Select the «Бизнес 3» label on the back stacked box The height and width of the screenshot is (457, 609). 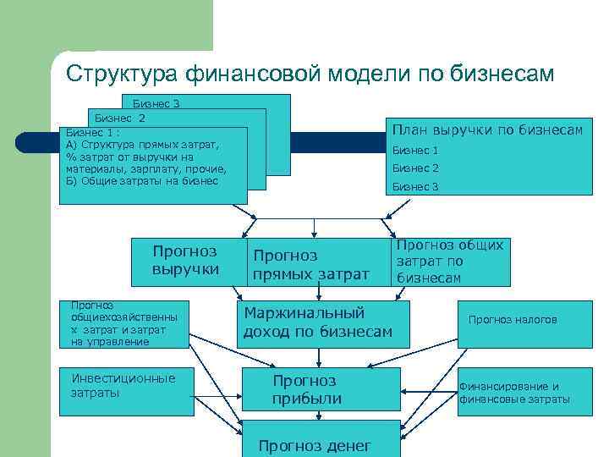156,104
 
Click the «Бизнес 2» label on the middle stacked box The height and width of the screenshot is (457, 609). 120,118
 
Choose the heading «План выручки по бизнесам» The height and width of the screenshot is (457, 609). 486,130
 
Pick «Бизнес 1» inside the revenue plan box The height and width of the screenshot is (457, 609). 415,151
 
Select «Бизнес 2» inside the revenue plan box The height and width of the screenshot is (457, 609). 415,168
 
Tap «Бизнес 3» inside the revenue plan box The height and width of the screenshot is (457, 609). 415,186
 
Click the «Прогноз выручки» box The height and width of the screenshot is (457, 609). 184,261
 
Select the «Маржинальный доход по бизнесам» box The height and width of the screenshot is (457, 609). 317,322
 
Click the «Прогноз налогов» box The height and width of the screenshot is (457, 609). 513,320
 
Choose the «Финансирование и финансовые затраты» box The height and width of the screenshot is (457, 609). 514,393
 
